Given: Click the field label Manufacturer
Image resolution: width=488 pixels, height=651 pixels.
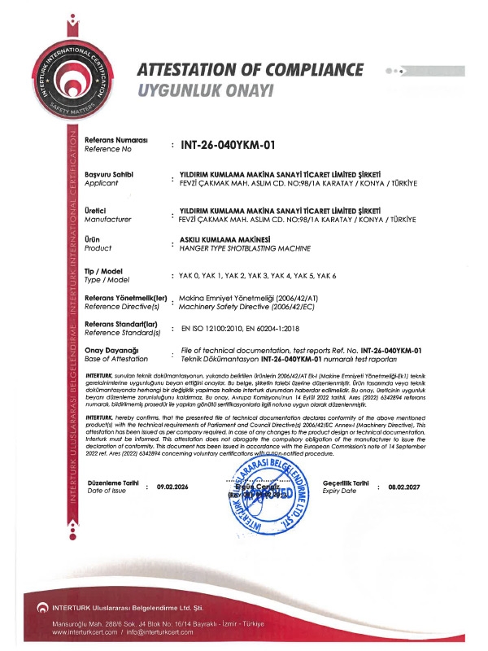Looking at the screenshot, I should pyautogui.click(x=108, y=219).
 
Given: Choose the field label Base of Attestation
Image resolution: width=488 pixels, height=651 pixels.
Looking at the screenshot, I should pyautogui.click(x=115, y=359).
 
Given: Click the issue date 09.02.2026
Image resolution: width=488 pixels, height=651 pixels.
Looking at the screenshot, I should pyautogui.click(x=172, y=487).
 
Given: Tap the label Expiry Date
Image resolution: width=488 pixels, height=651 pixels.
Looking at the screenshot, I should pyautogui.click(x=340, y=492).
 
